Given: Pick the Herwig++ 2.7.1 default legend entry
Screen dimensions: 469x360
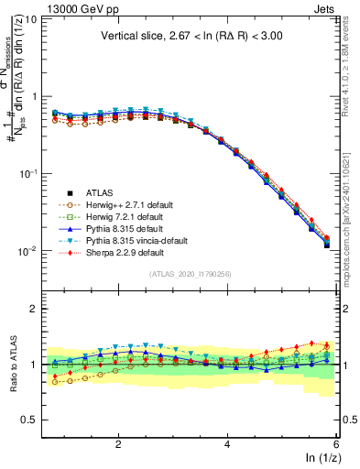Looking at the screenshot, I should (x=124, y=205).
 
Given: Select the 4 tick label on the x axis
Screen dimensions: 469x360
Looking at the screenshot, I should (x=227, y=443).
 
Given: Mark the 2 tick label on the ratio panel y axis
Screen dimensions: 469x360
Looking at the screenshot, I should (x=33, y=309).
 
